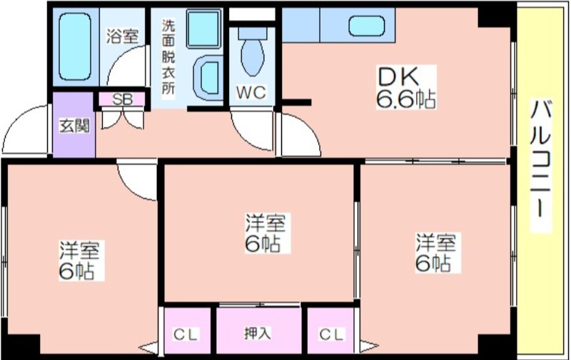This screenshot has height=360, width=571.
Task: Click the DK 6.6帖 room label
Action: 406,87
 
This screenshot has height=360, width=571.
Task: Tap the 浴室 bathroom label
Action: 122,36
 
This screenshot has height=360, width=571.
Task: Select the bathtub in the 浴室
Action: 75,46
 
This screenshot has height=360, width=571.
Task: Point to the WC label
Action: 251,93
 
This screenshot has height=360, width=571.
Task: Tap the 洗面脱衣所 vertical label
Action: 168,56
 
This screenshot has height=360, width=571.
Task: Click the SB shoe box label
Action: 122,99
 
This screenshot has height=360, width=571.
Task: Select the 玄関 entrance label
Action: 74,126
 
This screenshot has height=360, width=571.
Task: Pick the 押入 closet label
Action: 258,333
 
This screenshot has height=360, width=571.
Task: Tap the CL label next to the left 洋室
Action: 186,334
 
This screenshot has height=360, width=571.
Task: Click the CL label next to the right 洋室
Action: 332,334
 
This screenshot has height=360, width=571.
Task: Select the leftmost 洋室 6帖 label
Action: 80,260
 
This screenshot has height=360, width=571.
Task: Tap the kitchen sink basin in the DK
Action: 367,26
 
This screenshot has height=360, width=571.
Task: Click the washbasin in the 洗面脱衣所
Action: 207,78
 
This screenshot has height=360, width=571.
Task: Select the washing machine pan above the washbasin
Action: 204,29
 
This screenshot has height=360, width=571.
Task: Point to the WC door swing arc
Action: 248,135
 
